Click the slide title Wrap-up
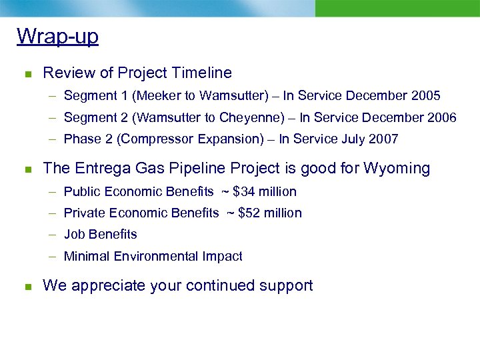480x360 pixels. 57,36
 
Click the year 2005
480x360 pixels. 425,96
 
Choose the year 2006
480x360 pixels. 441,118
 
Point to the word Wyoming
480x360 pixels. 397,168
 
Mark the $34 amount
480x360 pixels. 243,192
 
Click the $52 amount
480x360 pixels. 249,213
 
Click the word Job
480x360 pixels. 73,235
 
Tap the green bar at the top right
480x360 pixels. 397,8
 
